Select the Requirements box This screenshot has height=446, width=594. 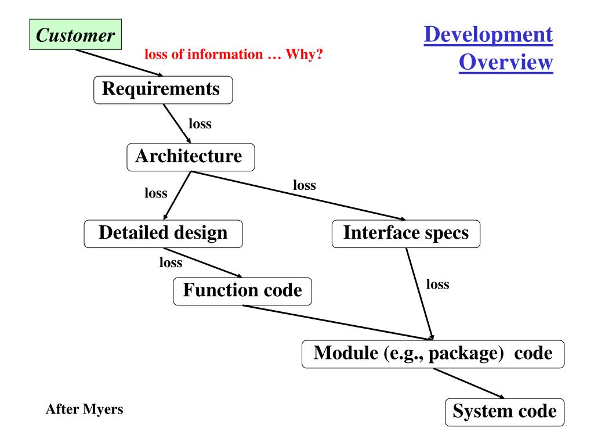[163, 90]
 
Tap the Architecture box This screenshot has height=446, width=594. [190, 156]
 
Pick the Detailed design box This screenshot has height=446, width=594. [163, 233]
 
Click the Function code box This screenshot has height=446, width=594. [242, 290]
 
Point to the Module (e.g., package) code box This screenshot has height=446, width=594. [433, 353]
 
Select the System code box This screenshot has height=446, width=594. [504, 412]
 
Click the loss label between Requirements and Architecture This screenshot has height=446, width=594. [200, 124]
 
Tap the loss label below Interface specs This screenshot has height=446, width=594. [438, 285]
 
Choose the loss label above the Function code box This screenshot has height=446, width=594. [171, 263]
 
